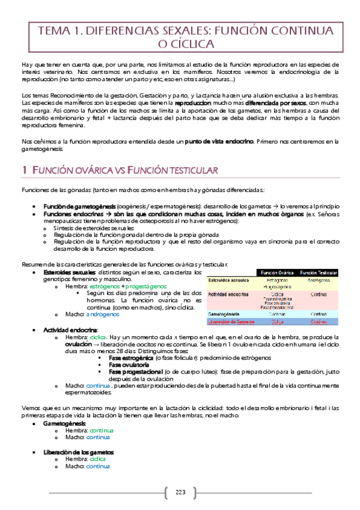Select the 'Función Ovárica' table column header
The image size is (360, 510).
[276, 272]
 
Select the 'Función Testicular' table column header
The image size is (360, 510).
[319, 272]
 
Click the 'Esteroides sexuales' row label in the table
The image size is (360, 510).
[229, 280]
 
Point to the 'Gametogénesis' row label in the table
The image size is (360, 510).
[224, 314]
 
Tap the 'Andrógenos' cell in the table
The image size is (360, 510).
[319, 280]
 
